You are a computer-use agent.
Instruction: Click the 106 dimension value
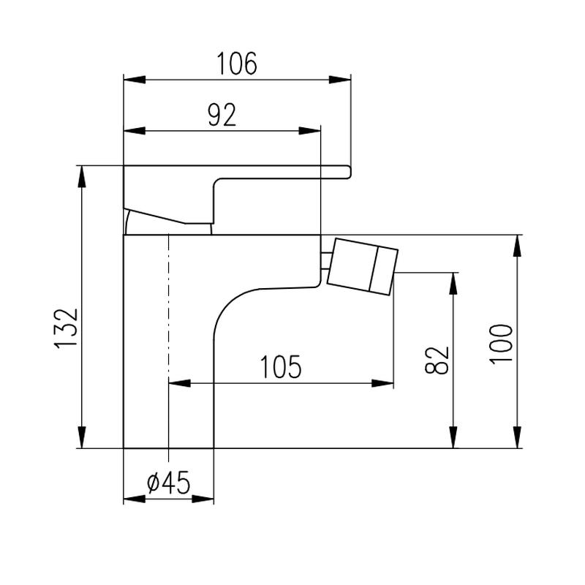[x=237, y=64]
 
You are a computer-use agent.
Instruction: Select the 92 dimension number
[x=222, y=115]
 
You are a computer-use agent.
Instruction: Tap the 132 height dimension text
[x=66, y=328]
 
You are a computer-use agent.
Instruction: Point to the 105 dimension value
[x=281, y=366]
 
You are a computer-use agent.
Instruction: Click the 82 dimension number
[x=437, y=360]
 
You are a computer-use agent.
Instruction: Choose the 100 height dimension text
[x=501, y=344]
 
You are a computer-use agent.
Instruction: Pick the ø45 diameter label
[x=169, y=482]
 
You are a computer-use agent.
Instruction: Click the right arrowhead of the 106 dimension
[x=339, y=80]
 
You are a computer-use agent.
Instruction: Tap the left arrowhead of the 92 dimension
[x=135, y=131]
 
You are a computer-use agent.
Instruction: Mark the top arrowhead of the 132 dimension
[x=82, y=176]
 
